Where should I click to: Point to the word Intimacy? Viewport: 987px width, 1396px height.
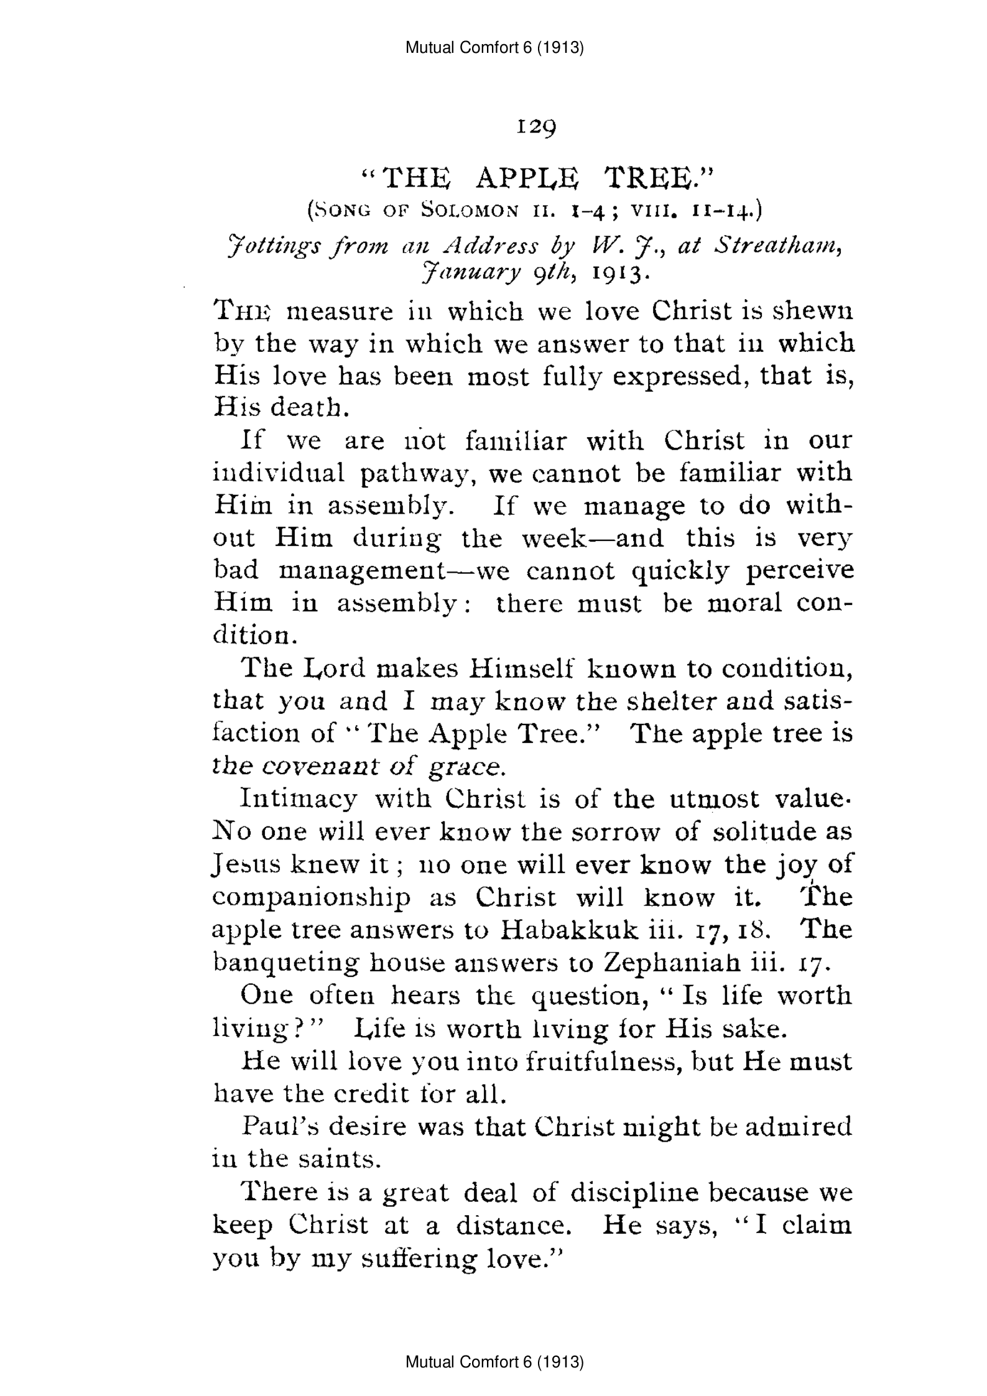click(x=299, y=799)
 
